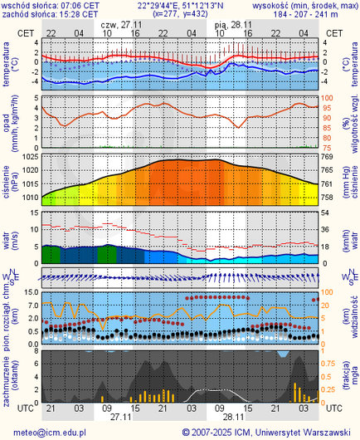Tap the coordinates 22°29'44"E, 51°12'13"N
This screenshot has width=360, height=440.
click(180, 5)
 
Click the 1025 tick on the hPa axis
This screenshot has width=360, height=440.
click(31, 157)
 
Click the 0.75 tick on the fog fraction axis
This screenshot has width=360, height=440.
click(330, 362)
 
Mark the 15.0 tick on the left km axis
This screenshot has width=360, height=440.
click(28, 292)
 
